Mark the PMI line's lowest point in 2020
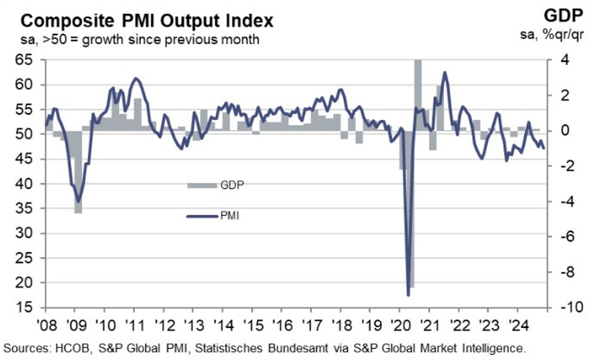408,295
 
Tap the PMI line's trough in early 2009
77,201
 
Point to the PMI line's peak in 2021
445,72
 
